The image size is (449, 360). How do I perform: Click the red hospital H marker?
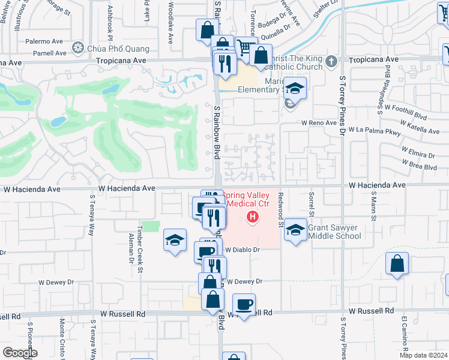(x=253, y=217)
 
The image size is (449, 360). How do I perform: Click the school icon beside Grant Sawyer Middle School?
(x=295, y=230)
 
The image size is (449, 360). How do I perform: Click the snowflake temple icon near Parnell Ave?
(x=77, y=47)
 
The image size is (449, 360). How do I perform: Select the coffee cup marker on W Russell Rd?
(x=244, y=304)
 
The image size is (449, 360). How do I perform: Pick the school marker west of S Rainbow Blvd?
(x=174, y=241)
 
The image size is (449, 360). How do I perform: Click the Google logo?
(x=20, y=353)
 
